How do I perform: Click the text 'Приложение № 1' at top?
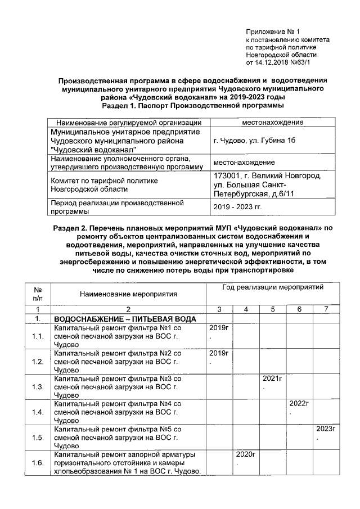point(274,31)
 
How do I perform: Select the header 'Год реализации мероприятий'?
point(265,287)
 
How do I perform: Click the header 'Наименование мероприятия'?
point(128,294)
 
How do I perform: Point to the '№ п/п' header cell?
point(38,293)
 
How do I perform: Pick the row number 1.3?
point(38,387)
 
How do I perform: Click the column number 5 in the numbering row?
point(272,309)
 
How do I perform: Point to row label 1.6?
point(38,463)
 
